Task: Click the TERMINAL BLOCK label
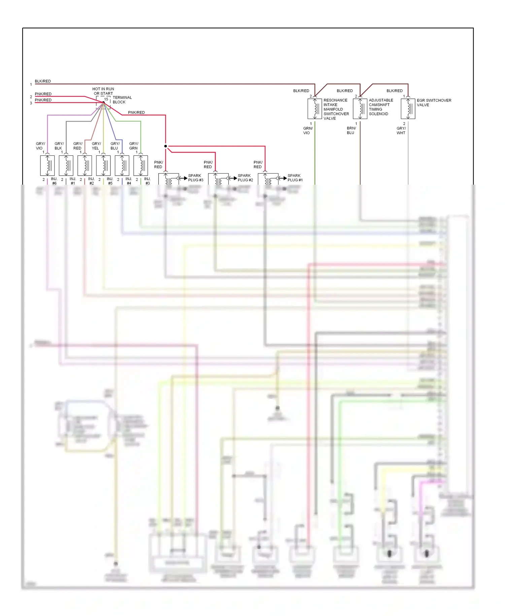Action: click(x=122, y=100)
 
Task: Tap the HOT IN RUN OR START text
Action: click(x=103, y=91)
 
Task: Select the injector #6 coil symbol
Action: click(x=47, y=165)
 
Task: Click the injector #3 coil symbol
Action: click(x=141, y=165)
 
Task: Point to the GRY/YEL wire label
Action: click(x=96, y=146)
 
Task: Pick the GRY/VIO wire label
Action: click(x=40, y=146)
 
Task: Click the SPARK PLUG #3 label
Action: click(x=196, y=178)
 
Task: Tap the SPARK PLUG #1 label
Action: click(x=295, y=178)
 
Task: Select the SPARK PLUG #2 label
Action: click(x=245, y=178)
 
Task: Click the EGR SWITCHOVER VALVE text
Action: click(x=434, y=102)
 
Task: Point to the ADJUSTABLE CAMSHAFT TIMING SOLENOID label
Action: click(x=381, y=107)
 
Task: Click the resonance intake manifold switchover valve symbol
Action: click(x=315, y=109)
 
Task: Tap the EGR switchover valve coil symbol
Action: click(x=408, y=109)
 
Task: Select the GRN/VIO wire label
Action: click(x=308, y=130)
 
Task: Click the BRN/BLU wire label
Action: click(x=351, y=130)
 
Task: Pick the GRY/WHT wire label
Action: click(x=401, y=130)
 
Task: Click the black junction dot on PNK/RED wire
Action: click(x=166, y=146)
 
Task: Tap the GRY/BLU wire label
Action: click(x=115, y=146)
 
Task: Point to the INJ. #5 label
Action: click(x=110, y=181)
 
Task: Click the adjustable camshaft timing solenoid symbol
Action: click(x=360, y=109)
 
